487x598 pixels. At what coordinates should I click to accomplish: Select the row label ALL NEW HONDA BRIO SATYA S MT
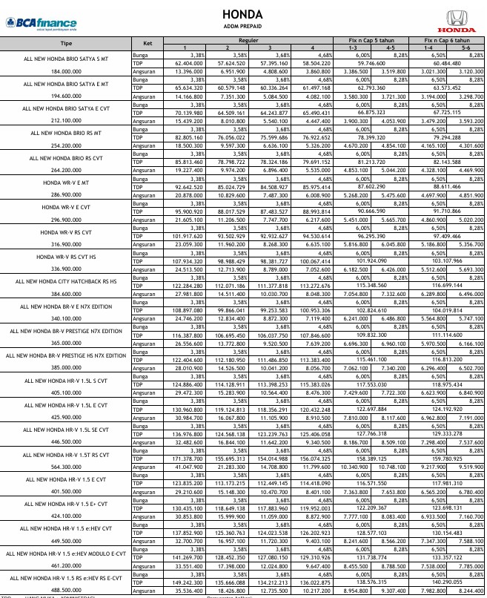tap(65, 58)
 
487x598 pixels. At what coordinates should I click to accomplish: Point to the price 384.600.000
tap(65, 294)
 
